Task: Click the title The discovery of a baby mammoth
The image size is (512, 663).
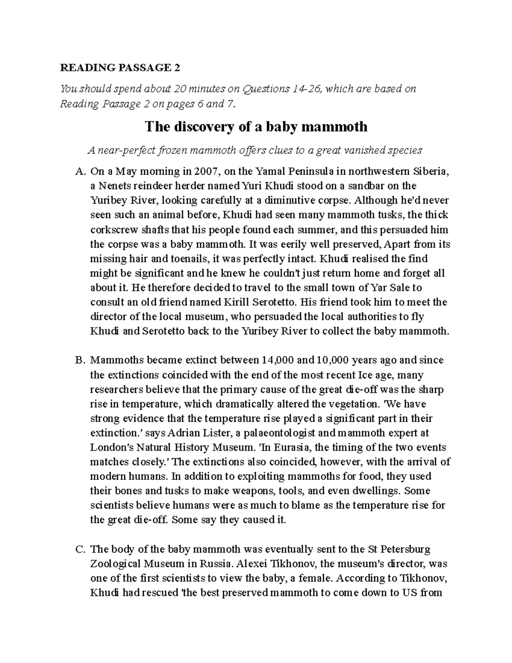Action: pos(256,127)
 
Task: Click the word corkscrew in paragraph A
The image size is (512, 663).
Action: pos(112,230)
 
